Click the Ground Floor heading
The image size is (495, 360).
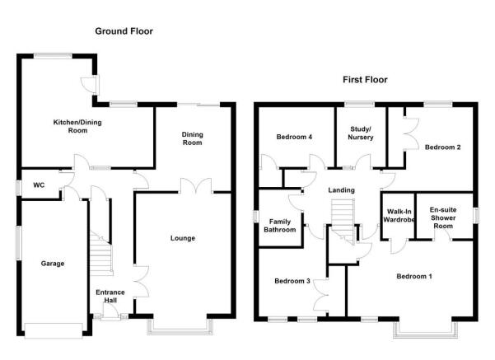coord(124,31)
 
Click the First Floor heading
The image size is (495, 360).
coord(365,80)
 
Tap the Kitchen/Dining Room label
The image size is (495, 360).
coord(77,126)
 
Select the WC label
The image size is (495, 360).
coord(39,185)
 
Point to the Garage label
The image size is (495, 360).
coord(53,264)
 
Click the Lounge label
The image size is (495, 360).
coord(183,238)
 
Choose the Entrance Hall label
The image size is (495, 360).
coord(110,297)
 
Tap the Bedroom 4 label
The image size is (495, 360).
coord(294,137)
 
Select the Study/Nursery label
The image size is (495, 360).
coord(361,133)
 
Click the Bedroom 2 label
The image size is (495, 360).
coord(442,147)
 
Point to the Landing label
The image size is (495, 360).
coord(341,190)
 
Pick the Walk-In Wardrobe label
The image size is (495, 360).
coord(399,215)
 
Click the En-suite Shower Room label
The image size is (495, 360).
coord(443,217)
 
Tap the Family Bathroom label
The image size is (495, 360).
coord(280,226)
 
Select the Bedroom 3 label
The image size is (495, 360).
coord(292,281)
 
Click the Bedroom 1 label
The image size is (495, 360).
coord(414,277)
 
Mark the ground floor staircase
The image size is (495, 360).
coord(101,253)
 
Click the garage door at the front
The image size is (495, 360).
coord(54,330)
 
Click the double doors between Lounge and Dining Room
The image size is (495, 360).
coord(196,185)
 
